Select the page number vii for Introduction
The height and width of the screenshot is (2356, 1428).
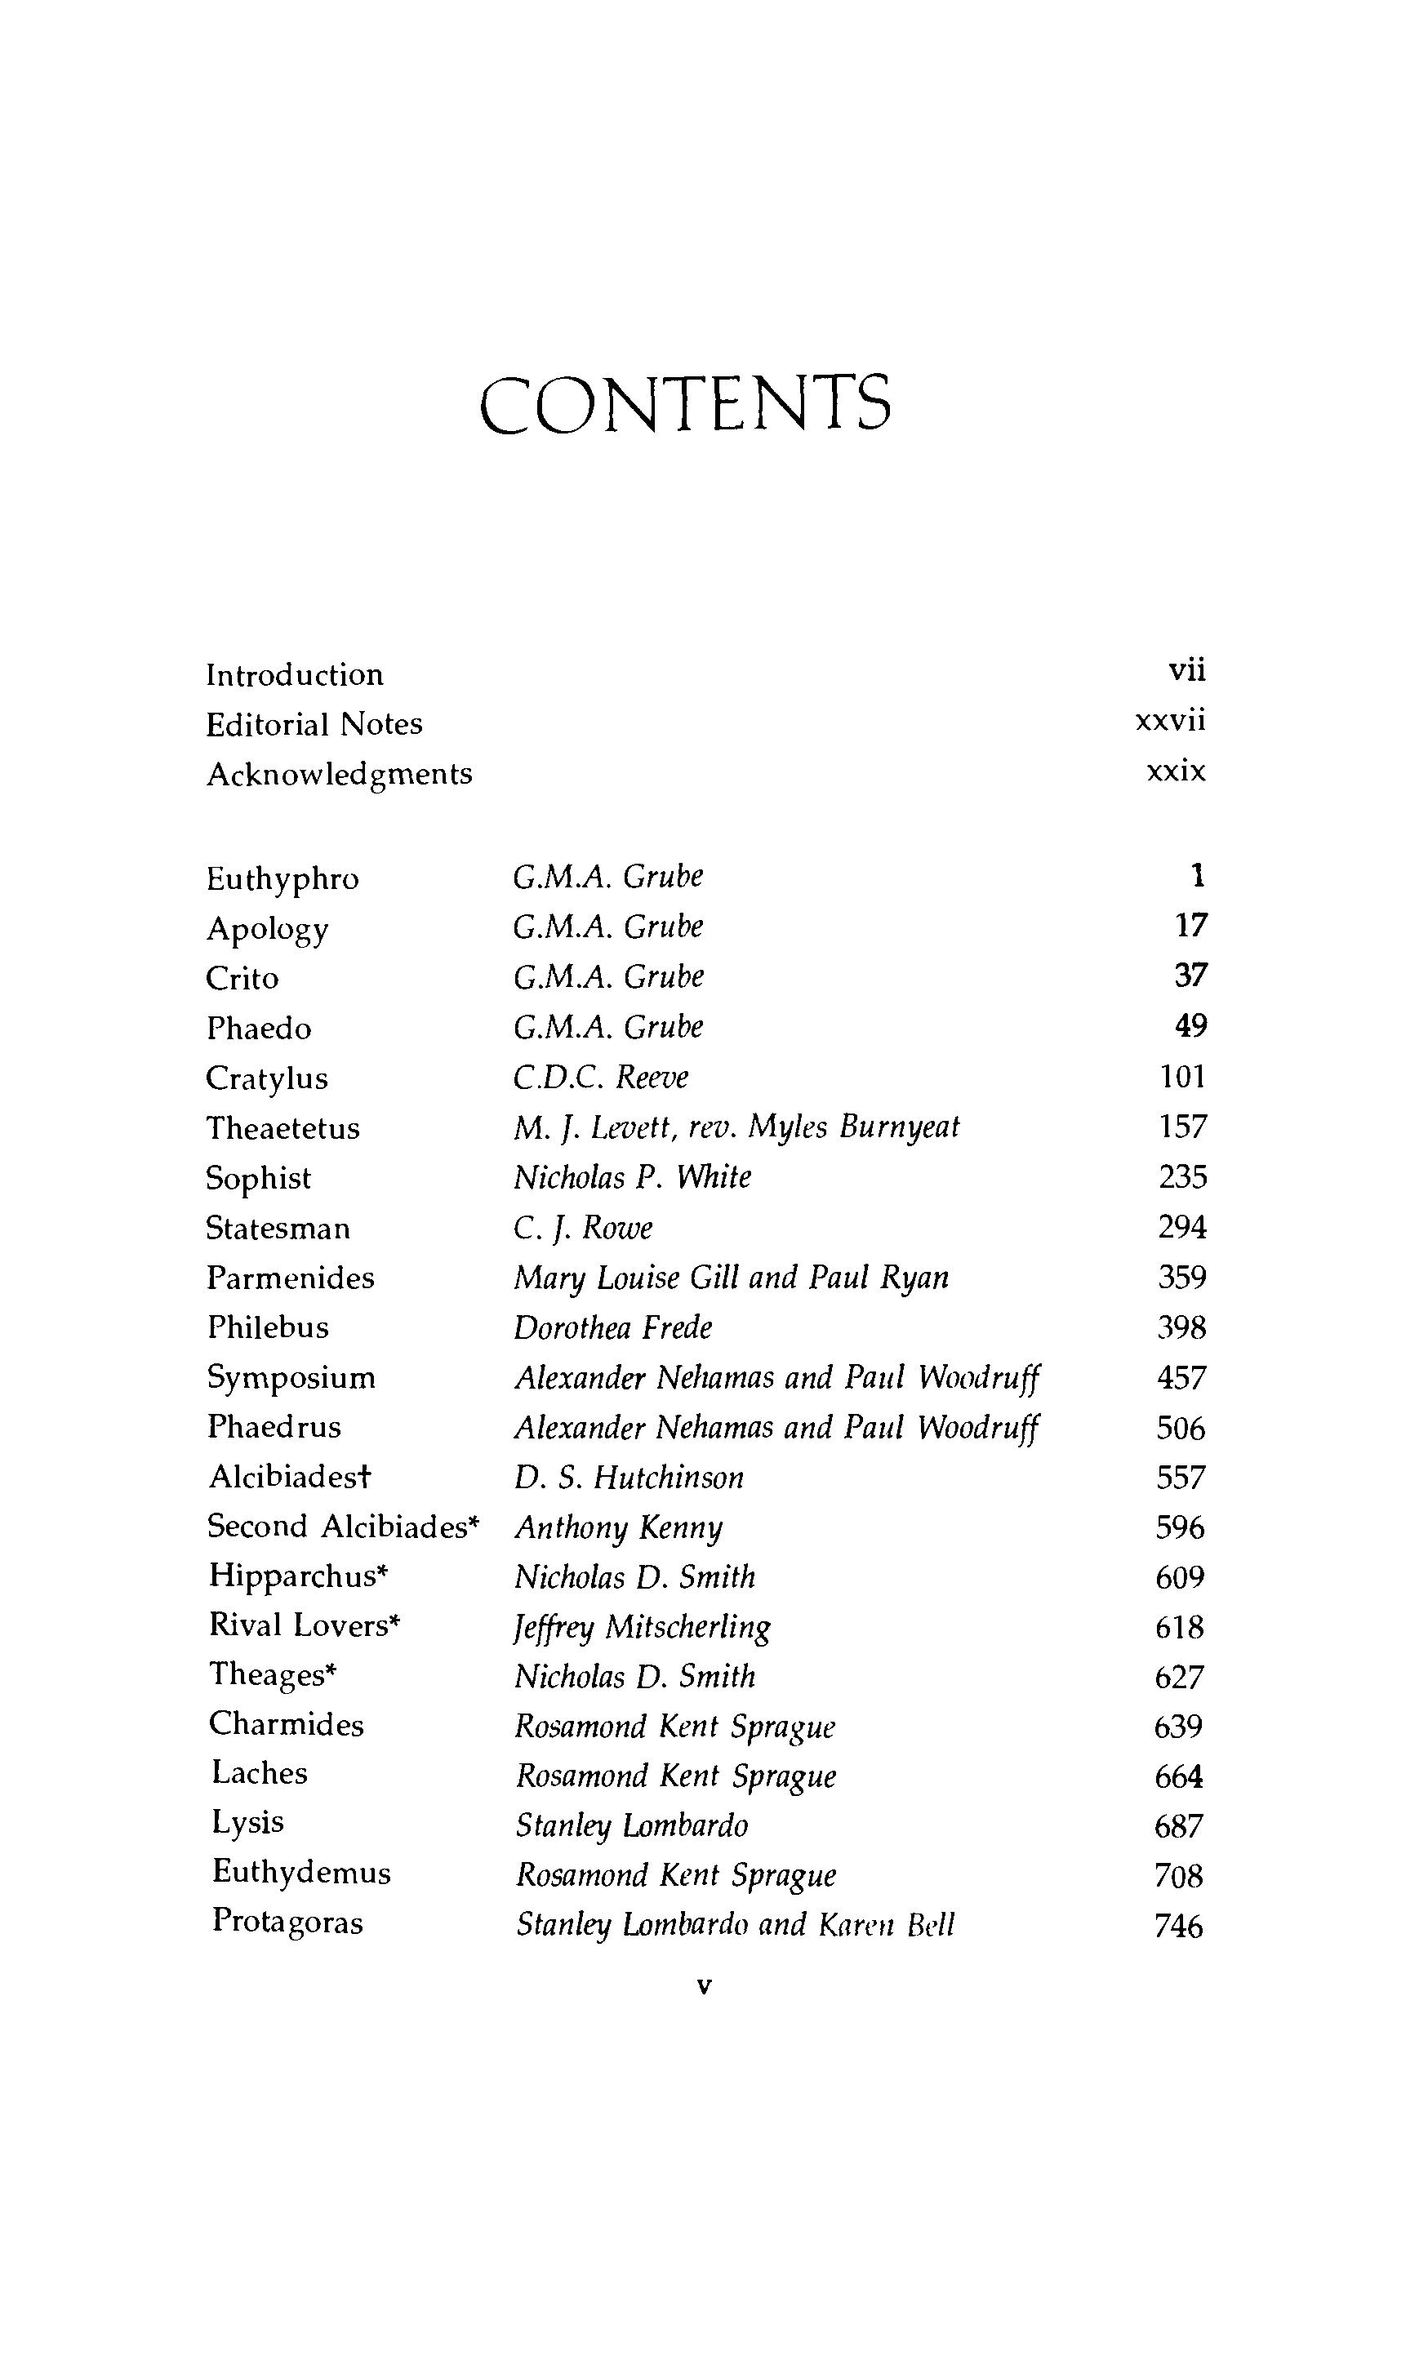(1187, 670)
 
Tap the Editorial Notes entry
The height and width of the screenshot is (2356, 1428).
(314, 725)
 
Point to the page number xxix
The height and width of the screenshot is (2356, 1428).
(1177, 771)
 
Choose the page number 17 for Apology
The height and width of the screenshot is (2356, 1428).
(1190, 926)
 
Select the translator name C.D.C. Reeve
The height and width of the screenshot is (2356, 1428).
(601, 1078)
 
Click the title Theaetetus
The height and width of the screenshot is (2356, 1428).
(283, 1128)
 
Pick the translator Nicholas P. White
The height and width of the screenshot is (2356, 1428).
(632, 1177)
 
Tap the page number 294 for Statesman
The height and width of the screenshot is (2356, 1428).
(1182, 1227)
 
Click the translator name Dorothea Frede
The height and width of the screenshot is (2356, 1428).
(613, 1327)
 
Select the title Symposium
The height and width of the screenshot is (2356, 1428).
(291, 1378)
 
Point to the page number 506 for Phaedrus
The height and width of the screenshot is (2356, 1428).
(1181, 1429)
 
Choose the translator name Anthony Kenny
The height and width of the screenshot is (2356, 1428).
(619, 1528)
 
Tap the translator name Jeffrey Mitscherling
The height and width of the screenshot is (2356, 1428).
(643, 1627)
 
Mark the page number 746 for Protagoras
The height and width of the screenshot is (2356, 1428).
(1178, 1926)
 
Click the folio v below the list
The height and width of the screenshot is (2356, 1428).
(705, 1987)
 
